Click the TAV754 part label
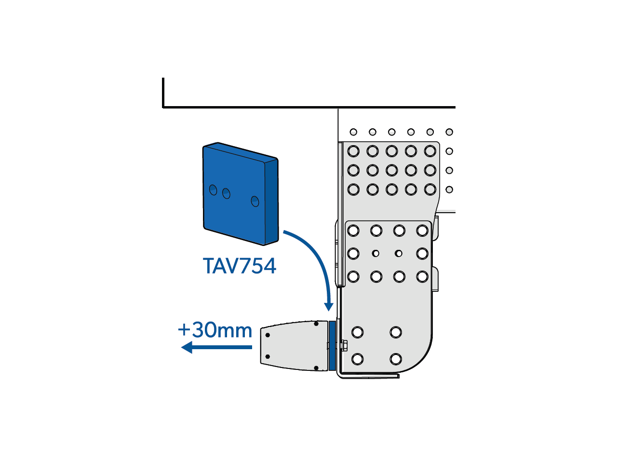(239, 266)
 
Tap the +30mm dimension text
(215, 330)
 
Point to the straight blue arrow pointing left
(216, 347)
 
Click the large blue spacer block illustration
(241, 194)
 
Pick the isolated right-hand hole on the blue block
(255, 201)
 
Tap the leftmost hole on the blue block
(213, 190)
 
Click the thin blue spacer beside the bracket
(332, 346)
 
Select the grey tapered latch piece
(295, 346)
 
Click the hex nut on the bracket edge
(344, 345)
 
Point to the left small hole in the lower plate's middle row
(376, 254)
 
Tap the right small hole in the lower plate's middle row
(399, 254)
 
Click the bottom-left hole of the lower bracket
(358, 359)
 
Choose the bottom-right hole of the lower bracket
(396, 359)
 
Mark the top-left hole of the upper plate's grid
(353, 151)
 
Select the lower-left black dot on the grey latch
(268, 356)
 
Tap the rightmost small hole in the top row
(449, 132)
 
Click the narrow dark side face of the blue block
(271, 201)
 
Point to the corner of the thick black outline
(163, 107)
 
